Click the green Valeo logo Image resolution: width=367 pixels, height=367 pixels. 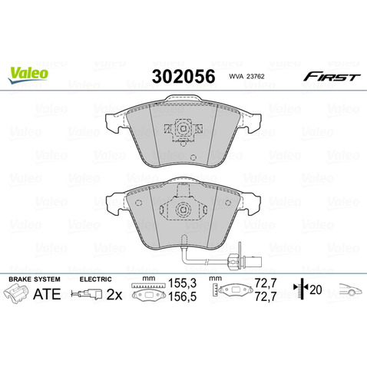tap(28, 73)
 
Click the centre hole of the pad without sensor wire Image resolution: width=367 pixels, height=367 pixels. tap(183, 131)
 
